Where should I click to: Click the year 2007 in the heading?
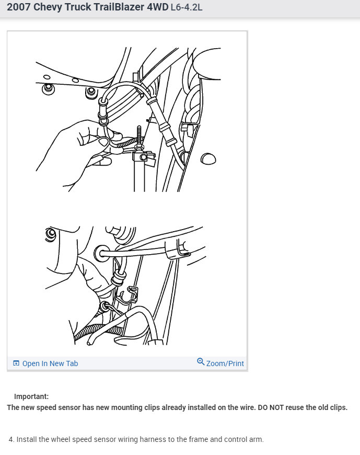pyautogui.click(x=19, y=7)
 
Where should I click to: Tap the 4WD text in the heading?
pyautogui.click(x=157, y=7)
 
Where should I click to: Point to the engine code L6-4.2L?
pyautogui.click(x=187, y=7)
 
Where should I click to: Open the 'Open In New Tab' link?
pyautogui.click(x=50, y=363)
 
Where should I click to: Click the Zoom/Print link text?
pyautogui.click(x=225, y=363)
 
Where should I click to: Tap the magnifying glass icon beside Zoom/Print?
pyautogui.click(x=201, y=361)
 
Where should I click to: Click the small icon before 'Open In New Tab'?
pyautogui.click(x=16, y=363)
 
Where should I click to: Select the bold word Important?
pyautogui.click(x=31, y=396)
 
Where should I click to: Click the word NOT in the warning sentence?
pyautogui.click(x=276, y=407)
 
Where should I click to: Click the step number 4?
pyautogui.click(x=11, y=439)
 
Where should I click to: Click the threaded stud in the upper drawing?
pyautogui.click(x=139, y=137)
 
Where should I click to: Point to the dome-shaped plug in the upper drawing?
pyautogui.click(x=208, y=159)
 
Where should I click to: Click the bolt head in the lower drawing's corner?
pyautogui.click(x=51, y=234)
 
